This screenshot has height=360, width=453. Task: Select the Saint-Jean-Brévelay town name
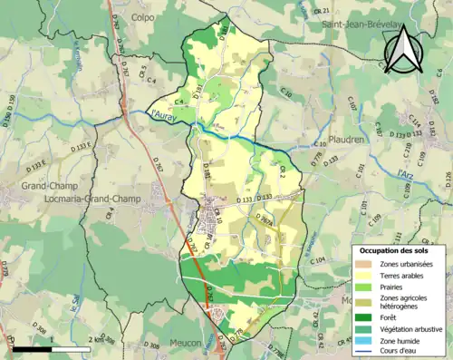(x=369, y=26)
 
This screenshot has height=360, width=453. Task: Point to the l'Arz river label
(x=405, y=170)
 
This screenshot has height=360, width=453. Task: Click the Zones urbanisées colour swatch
(x=365, y=264)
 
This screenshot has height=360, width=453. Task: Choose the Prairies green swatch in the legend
(x=365, y=289)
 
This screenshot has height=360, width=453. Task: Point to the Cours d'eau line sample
(x=365, y=354)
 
